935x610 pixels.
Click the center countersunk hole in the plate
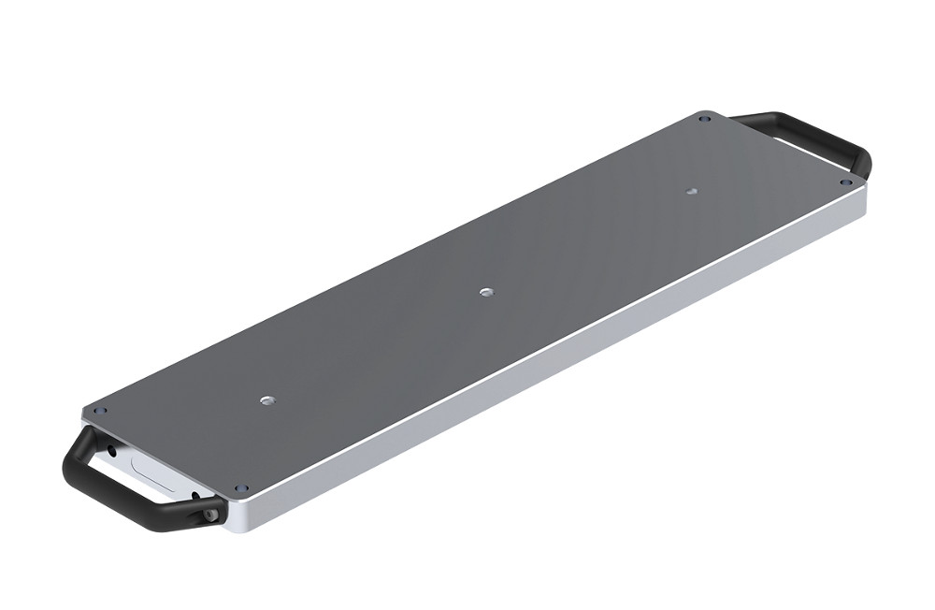pyautogui.click(x=485, y=293)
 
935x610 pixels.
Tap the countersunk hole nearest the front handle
pyautogui.click(x=266, y=400)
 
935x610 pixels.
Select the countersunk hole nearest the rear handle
pyautogui.click(x=691, y=191)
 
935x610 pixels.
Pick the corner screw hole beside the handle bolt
pyautogui.click(x=241, y=488)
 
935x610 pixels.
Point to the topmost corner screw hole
pyautogui.click(x=706, y=119)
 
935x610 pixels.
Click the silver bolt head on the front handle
pyautogui.click(x=211, y=514)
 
